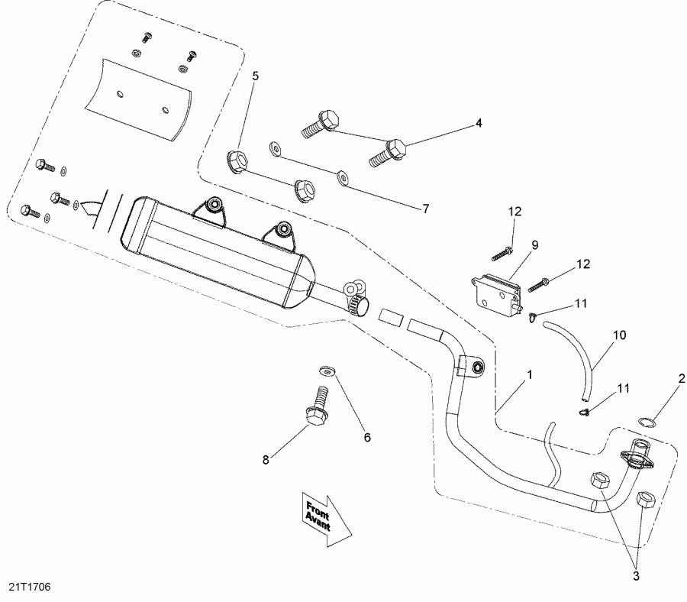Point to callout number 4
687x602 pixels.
click(x=479, y=122)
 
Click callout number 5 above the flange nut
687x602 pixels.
click(x=255, y=76)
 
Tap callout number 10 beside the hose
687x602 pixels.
click(x=618, y=334)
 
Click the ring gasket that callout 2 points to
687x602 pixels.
click(x=645, y=422)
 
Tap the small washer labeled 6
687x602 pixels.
click(x=328, y=371)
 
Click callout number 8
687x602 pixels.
click(x=266, y=460)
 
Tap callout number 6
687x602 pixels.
click(x=367, y=438)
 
